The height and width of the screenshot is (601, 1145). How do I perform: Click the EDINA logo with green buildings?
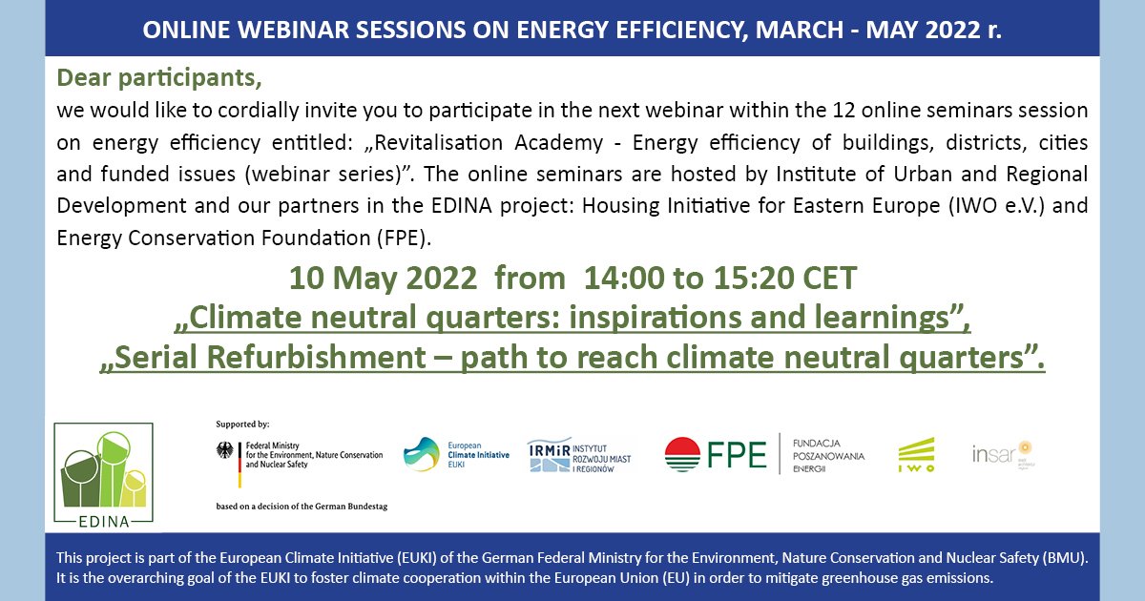click(103, 472)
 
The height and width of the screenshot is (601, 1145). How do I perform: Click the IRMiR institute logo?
click(581, 455)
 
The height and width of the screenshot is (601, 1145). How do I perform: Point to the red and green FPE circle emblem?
click(682, 455)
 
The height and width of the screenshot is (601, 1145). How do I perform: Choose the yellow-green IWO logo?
click(916, 455)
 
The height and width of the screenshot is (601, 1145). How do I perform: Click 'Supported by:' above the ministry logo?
click(242, 423)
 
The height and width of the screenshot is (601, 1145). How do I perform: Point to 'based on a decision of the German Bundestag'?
click(302, 506)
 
